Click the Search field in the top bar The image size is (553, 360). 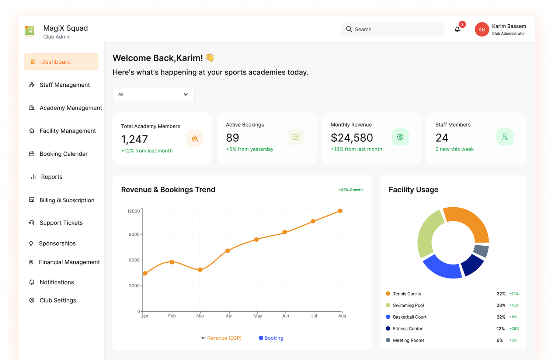tap(393, 30)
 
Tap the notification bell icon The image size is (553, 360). tap(457, 30)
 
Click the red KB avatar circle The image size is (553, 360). tap(481, 30)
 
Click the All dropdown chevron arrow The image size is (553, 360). tap(186, 94)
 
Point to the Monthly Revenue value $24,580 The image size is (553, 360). tap(352, 138)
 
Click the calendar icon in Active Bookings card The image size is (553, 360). tap(295, 137)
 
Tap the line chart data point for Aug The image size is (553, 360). tap(340, 211)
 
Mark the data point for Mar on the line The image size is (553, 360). tap(200, 270)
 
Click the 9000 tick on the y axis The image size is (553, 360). tap(134, 234)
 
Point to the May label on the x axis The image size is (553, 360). tap(258, 316)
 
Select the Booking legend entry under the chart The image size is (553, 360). tap(271, 338)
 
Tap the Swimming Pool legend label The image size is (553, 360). tap(408, 305)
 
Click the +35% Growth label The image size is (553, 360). tap(351, 190)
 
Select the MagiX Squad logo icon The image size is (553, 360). tap(29, 31)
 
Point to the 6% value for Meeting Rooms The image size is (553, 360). tap(500, 340)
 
